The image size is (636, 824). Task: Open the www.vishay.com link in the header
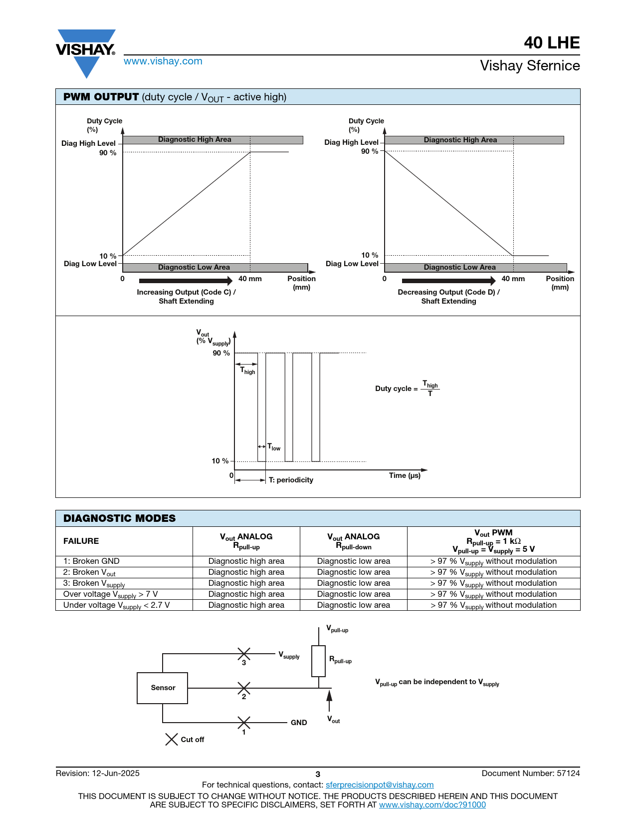click(163, 61)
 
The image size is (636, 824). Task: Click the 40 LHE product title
click(551, 43)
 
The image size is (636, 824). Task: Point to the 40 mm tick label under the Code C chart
click(250, 279)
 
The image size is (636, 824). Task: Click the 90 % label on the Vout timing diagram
click(221, 353)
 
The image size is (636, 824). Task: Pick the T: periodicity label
click(291, 480)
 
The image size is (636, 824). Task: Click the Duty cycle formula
click(407, 389)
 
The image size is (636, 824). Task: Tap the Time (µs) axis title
click(405, 475)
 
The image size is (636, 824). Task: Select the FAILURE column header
click(81, 541)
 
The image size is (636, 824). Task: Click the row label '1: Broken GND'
click(91, 561)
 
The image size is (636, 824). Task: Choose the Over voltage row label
click(110, 594)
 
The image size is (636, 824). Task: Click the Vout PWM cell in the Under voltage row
click(493, 605)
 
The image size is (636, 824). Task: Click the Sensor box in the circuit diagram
click(163, 688)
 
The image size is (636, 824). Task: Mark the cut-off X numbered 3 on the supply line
click(244, 653)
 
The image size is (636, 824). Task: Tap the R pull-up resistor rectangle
click(318, 661)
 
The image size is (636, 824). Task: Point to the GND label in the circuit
click(299, 723)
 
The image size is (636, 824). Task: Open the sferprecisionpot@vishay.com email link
click(380, 785)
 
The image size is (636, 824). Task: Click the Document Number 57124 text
click(530, 774)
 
